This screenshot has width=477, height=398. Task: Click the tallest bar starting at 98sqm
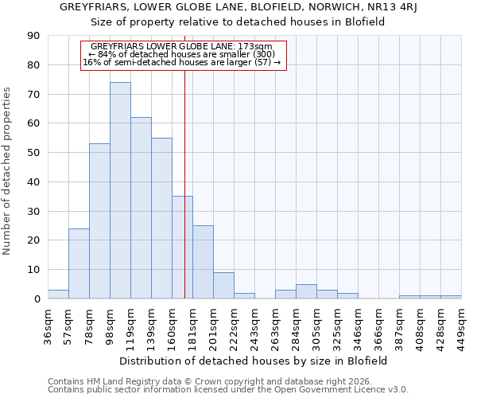click(x=120, y=190)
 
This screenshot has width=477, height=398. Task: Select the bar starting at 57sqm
click(x=79, y=263)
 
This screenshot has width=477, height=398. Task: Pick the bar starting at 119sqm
click(x=141, y=208)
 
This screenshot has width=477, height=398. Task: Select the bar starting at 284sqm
click(x=306, y=292)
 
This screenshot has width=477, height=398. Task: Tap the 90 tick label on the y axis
click(x=33, y=36)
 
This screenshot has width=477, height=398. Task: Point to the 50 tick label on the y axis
click(x=33, y=153)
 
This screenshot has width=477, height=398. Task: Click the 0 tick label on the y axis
click(x=37, y=299)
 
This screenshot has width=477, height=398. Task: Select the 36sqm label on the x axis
click(x=48, y=325)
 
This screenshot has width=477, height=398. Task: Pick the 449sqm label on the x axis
click(x=462, y=325)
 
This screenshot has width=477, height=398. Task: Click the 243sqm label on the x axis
click(x=255, y=325)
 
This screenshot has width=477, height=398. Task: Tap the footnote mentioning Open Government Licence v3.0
click(x=228, y=390)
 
